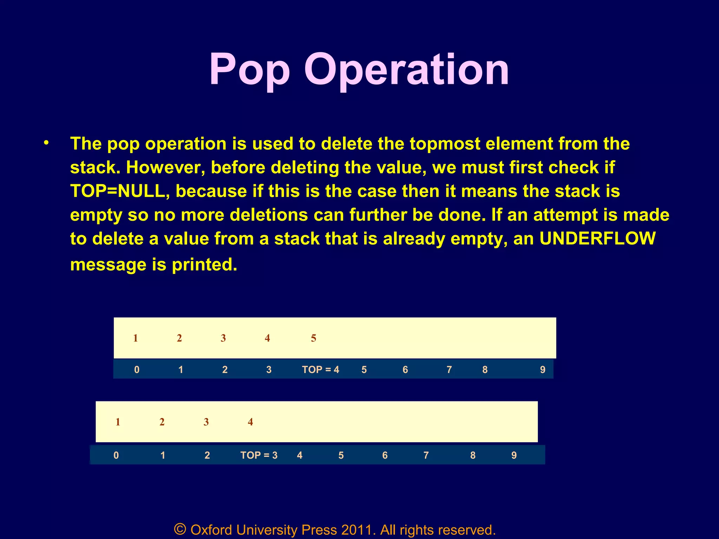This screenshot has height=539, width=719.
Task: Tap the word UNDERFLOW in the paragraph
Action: click(598, 239)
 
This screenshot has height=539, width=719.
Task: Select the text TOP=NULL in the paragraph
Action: click(118, 191)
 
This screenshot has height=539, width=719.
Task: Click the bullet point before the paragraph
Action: click(46, 143)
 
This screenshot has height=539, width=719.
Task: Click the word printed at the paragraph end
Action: click(204, 265)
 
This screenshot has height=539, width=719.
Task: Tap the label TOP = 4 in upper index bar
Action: click(321, 370)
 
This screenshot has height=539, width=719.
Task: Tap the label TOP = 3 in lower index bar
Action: click(259, 455)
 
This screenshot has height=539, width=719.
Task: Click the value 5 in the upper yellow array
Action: click(314, 338)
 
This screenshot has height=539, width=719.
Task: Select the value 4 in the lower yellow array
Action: click(250, 422)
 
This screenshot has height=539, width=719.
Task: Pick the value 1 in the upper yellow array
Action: click(136, 338)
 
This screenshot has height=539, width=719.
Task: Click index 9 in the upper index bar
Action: click(542, 370)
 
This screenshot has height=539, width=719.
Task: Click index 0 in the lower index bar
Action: click(116, 455)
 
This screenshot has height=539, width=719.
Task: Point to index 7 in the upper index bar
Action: click(449, 370)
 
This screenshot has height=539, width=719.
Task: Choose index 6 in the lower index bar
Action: click(385, 455)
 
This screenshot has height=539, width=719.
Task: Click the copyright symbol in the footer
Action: click(180, 529)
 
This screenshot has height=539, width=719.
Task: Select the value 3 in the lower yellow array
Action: click(206, 422)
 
